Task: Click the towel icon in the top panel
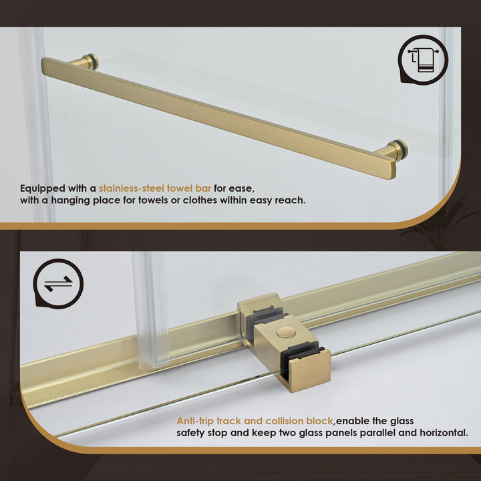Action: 422,59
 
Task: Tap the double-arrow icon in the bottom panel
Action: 58,284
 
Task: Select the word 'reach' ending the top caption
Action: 289,200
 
